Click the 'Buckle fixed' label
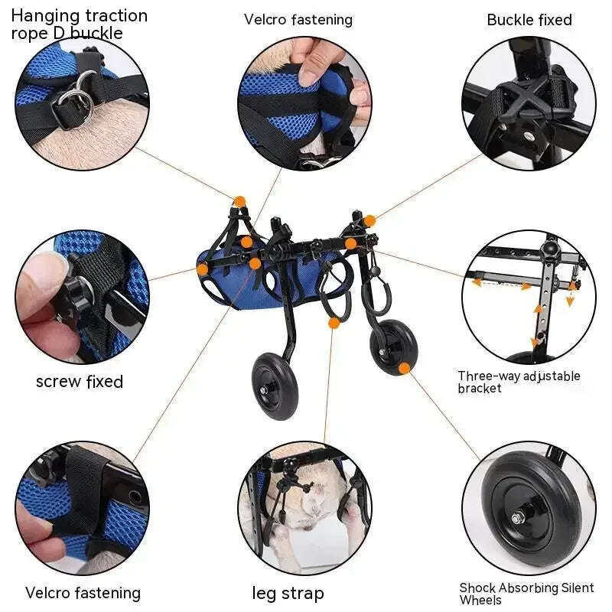529,20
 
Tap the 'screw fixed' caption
80,381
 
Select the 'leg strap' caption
288,593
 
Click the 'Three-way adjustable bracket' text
519,382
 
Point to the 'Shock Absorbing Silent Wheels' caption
526,594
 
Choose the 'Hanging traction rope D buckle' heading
79,24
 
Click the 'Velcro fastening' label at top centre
298,20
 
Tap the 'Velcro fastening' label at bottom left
83,593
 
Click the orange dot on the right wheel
404,368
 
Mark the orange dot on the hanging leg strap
334,323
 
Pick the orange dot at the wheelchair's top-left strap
239,201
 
